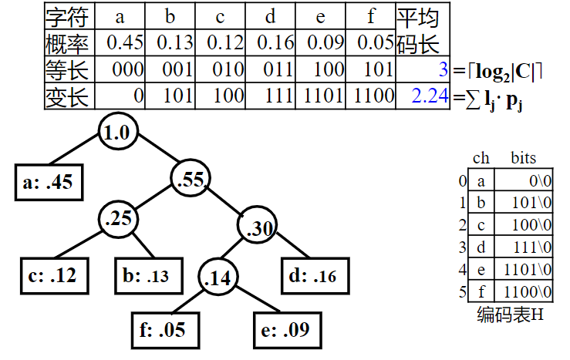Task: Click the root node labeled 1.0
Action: [x=117, y=132]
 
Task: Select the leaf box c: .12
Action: [x=51, y=275]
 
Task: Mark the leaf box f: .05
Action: [x=162, y=331]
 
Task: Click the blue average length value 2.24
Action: [x=430, y=96]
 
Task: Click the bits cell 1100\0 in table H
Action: [x=528, y=292]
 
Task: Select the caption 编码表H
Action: [x=510, y=315]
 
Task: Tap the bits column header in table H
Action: [x=523, y=159]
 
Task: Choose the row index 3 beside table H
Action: [x=462, y=247]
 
